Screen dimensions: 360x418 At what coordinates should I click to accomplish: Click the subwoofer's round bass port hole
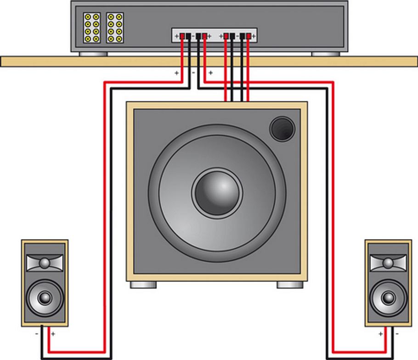(281, 128)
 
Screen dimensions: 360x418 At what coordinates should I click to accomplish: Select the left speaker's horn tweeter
(44, 263)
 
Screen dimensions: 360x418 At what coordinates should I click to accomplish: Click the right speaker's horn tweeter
(388, 263)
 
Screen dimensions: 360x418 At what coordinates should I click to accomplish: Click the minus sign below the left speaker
(37, 334)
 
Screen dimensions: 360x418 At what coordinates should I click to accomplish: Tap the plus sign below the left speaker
(53, 334)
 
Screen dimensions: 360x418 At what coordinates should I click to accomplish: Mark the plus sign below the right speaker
(380, 334)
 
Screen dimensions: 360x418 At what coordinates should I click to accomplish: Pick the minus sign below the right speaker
(397, 334)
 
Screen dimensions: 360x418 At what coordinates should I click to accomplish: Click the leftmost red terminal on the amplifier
(182, 36)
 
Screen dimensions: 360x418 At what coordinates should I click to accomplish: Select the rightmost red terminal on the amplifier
(249, 36)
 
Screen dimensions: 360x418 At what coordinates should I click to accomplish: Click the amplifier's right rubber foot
(325, 54)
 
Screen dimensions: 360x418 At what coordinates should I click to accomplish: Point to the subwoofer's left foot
(143, 285)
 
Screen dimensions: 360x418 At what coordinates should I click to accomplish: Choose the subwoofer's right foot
(290, 285)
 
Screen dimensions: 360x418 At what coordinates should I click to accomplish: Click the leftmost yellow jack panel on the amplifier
(91, 28)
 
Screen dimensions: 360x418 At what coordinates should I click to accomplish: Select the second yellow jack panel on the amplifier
(115, 28)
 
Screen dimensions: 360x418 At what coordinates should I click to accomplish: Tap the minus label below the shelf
(193, 73)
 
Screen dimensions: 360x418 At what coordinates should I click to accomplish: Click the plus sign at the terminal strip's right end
(254, 36)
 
